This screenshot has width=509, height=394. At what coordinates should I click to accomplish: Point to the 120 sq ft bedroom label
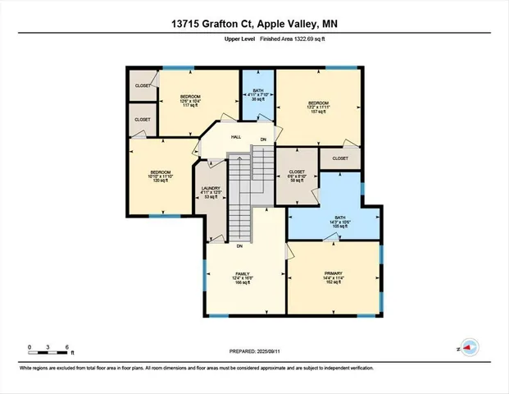click(159, 177)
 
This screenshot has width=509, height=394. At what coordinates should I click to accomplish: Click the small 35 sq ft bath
click(258, 95)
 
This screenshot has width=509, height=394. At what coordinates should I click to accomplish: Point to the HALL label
click(235, 137)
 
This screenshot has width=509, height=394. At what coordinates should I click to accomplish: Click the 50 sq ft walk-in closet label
click(296, 176)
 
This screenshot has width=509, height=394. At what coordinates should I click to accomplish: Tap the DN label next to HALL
click(263, 140)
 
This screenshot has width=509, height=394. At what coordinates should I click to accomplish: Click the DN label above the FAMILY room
click(239, 246)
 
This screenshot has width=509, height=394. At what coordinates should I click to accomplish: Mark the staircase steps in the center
click(239, 197)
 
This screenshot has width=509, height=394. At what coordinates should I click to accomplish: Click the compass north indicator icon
click(470, 348)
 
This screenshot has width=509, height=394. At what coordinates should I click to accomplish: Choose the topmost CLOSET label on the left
click(143, 85)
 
